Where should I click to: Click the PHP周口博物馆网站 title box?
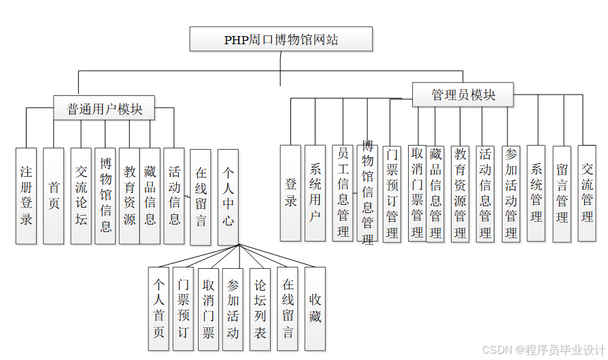click(x=281, y=39)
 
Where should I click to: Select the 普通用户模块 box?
click(x=105, y=109)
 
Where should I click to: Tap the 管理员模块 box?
click(x=462, y=95)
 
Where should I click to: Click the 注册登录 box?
click(x=26, y=195)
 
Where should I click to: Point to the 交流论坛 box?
click(x=81, y=195)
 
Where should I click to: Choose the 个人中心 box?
click(x=228, y=197)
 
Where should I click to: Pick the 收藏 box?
click(x=315, y=308)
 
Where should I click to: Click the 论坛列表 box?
click(x=260, y=308)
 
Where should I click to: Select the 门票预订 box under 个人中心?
click(x=183, y=308)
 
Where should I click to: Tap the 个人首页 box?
click(x=158, y=308)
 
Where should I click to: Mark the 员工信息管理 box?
click(x=343, y=192)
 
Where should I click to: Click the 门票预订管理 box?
click(x=391, y=193)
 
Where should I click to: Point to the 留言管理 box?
click(x=562, y=193)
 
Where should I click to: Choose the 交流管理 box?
click(x=587, y=193)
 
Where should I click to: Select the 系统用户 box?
click(x=315, y=193)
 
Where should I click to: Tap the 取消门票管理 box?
click(x=417, y=193)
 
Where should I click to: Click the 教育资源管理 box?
click(x=460, y=193)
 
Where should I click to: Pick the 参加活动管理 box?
click(x=511, y=193)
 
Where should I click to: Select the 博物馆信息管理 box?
click(x=367, y=193)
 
